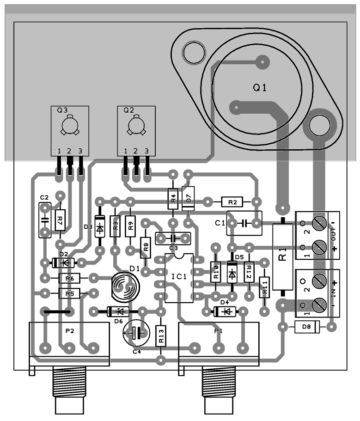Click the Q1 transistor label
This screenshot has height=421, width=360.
point(260,88)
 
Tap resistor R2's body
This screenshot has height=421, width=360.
point(232,201)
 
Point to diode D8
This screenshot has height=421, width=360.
point(306,327)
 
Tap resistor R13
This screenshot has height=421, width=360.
point(161,336)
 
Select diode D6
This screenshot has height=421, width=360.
point(118,311)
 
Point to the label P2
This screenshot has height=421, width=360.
point(70,331)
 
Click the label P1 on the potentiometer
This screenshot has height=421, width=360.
point(218,331)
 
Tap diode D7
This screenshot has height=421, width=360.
point(188,198)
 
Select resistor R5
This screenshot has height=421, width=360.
point(69,293)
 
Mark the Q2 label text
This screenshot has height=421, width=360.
point(128,110)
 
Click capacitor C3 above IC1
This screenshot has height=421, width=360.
point(173,238)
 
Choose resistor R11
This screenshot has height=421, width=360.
point(265,288)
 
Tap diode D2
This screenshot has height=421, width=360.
point(63,262)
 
